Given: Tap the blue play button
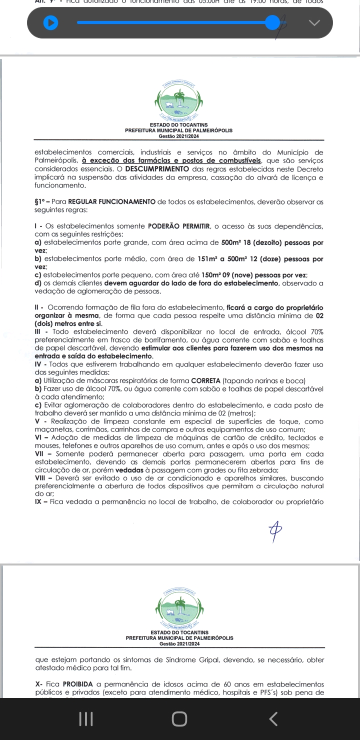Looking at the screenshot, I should coord(50,23).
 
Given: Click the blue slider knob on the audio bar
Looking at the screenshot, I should coord(272,22).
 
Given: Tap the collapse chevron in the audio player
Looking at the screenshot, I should coord(314,22).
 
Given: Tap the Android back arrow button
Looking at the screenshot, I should coord(272,719).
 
